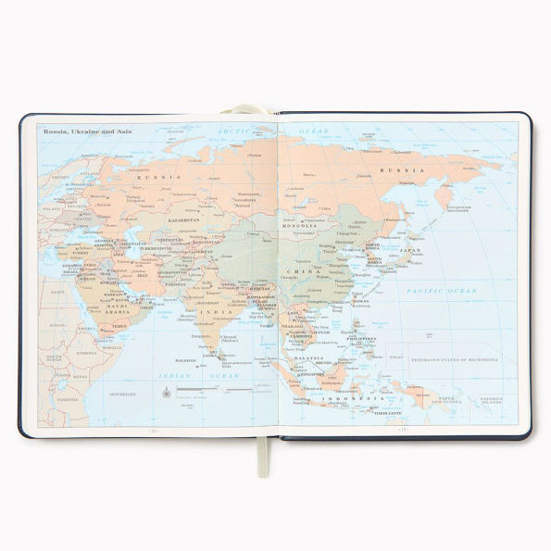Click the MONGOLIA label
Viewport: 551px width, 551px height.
click(x=301, y=225)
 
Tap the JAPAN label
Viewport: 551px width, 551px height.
click(x=409, y=250)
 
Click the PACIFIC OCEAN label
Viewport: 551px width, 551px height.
click(x=448, y=292)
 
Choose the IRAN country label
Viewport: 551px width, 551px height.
click(x=144, y=274)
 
